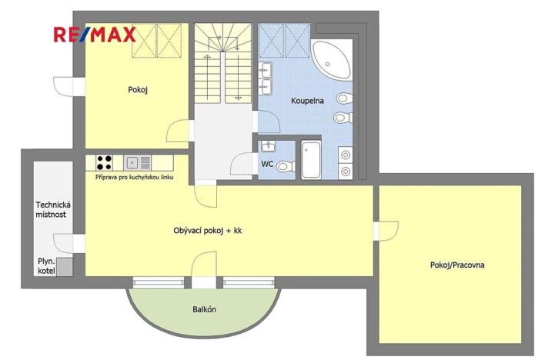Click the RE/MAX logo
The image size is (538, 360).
pos(94,35)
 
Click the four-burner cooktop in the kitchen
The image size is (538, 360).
pos(104,162)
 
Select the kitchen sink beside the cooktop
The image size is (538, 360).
pos(132,162)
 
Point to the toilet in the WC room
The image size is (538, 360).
pos(284,165)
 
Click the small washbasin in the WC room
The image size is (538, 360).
pos(268,145)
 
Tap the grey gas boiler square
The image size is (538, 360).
pos(67,267)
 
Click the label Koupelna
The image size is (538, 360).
pos(307,101)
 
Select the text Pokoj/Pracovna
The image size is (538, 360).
pos(456,265)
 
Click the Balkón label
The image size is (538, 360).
pos(204,310)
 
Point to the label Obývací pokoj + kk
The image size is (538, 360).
pos(207,230)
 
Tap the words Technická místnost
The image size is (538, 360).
pos(53,209)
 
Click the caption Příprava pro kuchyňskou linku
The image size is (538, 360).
pos(135,178)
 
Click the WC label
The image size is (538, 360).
pos(267,164)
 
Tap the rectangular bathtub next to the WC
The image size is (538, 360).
pos(311,159)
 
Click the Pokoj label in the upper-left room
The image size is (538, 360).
pos(138,89)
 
